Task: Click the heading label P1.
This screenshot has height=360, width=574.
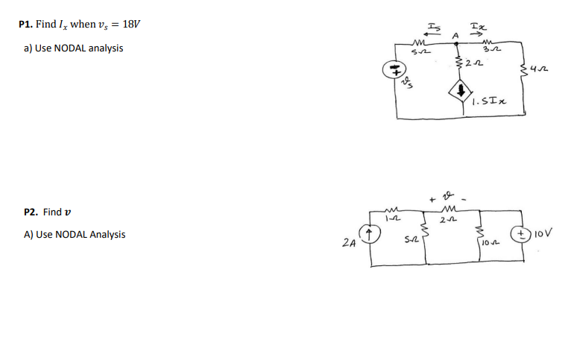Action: tap(26, 24)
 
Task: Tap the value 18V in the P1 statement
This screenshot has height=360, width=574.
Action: tap(130, 24)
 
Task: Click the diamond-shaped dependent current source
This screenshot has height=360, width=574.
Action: tap(460, 93)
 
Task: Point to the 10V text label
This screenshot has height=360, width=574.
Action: tap(546, 233)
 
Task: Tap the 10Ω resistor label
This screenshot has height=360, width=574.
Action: tap(488, 244)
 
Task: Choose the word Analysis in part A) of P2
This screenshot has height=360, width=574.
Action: tap(108, 235)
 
